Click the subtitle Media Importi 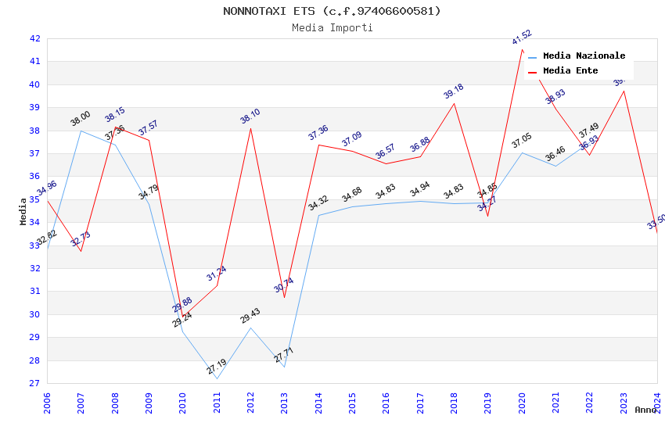332,27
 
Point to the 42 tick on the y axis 34,38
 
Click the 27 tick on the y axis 34,384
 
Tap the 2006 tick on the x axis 47,403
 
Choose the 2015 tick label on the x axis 352,403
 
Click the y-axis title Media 23,211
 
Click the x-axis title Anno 645,410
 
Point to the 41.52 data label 522,37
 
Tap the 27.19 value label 217,366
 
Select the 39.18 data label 454,91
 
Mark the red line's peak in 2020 522,49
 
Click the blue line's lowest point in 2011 217,379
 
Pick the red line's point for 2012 250,128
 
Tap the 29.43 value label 250,316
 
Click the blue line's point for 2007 81,131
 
